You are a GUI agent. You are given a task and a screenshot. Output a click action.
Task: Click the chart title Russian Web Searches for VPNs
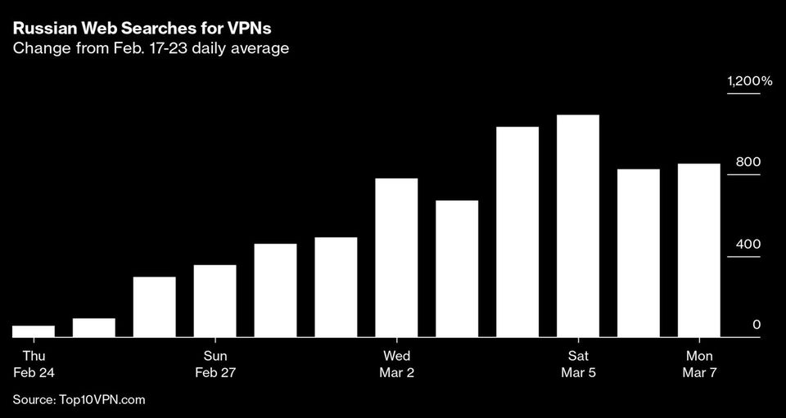[142, 28]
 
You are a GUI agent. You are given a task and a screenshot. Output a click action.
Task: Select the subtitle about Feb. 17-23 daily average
[151, 48]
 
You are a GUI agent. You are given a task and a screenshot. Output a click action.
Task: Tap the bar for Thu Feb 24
[34, 331]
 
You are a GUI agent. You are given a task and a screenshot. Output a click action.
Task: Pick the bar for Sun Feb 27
[215, 300]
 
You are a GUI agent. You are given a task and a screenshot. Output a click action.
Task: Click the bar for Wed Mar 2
[396, 257]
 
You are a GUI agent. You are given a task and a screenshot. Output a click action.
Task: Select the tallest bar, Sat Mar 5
[578, 226]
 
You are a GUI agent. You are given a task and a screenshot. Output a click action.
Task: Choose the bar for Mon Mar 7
[698, 249]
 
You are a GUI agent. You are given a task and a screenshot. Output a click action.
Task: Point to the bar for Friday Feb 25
[94, 327]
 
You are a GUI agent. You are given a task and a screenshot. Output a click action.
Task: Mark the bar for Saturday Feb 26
[155, 307]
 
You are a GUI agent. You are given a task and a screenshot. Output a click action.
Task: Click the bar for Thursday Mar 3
[457, 268]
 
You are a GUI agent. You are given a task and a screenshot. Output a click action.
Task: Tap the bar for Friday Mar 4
[517, 231]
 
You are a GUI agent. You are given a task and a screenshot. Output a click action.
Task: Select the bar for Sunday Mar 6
[639, 253]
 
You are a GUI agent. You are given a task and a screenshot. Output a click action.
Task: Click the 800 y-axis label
[748, 162]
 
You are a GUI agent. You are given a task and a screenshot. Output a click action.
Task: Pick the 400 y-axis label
[748, 244]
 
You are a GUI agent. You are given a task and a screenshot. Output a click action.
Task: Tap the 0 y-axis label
[757, 325]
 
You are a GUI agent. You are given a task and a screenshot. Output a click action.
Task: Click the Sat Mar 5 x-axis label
[578, 364]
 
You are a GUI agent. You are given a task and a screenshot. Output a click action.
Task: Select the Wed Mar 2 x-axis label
[396, 364]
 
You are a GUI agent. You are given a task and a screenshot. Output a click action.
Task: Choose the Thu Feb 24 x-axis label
[34, 364]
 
